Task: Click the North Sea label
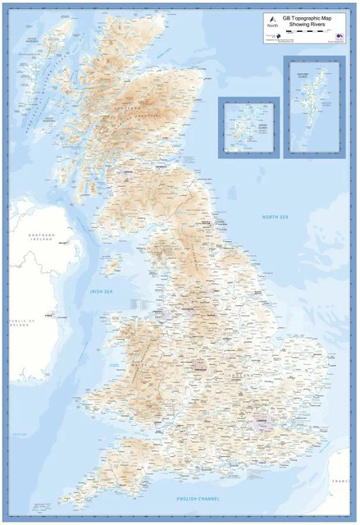pyautogui.click(x=275, y=217)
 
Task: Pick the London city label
pyautogui.click(x=263, y=422)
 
